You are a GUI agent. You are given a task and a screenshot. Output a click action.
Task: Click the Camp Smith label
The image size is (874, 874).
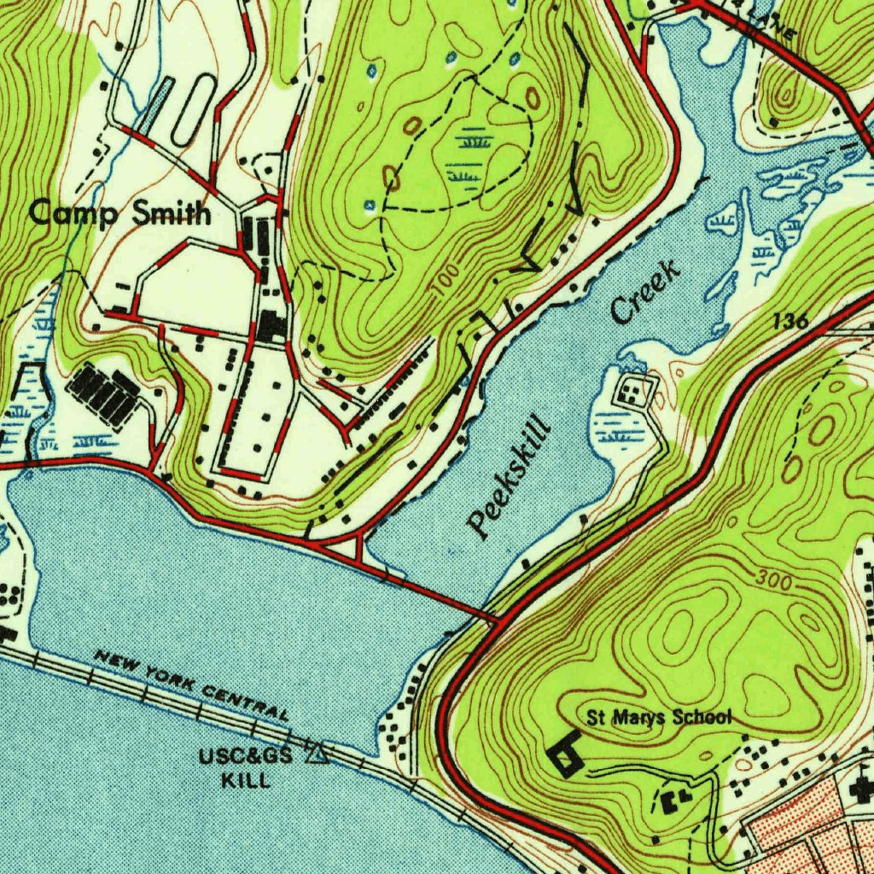(x=119, y=213)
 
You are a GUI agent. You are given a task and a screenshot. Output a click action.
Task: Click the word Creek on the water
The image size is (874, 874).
(x=645, y=293)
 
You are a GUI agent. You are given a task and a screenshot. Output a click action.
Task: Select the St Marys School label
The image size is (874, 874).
(x=659, y=717)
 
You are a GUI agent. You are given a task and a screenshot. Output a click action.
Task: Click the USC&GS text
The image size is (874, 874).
(x=245, y=756)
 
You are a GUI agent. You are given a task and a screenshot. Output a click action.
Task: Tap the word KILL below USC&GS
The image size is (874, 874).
(x=246, y=779)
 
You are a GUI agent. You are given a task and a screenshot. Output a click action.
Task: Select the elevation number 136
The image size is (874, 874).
(x=791, y=322)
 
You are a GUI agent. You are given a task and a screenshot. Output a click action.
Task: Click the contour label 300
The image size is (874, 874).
(x=772, y=580)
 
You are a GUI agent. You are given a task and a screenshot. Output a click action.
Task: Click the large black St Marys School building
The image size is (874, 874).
(x=565, y=756)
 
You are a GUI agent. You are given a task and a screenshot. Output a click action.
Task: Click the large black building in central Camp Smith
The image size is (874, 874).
(x=272, y=325)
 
